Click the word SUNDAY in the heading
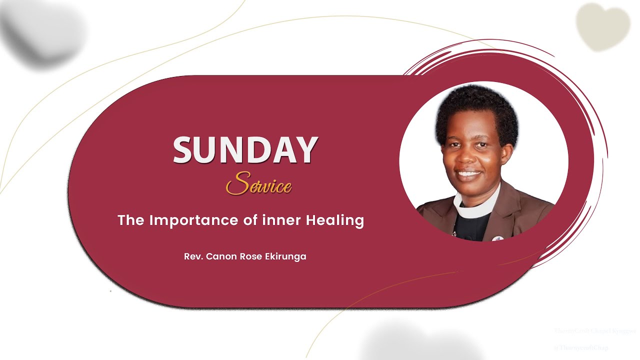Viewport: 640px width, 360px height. click(245, 150)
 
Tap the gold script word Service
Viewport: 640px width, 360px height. click(258, 184)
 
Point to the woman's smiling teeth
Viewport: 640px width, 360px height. click(468, 175)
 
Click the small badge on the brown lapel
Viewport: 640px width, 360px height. click(496, 238)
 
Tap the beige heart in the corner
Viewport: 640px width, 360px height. click(602, 26)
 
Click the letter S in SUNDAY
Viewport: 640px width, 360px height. click(184, 150)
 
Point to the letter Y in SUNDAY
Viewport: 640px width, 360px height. click(306, 150)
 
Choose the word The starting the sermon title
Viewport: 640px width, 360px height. click(131, 220)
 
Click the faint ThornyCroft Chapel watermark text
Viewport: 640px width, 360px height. click(594, 331)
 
